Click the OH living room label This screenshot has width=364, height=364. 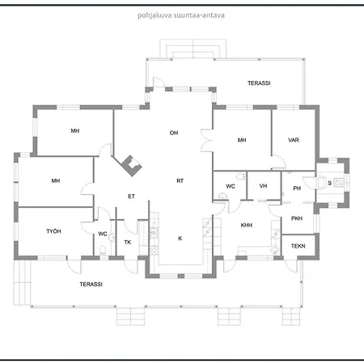174,133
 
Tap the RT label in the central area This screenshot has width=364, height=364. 180,180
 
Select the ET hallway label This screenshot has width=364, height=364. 131,197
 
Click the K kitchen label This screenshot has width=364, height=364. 180,239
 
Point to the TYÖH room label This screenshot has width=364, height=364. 53,231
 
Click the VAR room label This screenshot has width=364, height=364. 294,140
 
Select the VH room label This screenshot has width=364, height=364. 263,186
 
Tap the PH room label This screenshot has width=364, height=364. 297,188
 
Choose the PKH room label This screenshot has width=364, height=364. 297,218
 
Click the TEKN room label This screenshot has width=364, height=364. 298,246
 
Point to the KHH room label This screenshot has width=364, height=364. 247,225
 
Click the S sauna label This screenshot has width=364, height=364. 329,183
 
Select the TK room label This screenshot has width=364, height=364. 128,242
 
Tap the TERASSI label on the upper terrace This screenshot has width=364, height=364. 259,83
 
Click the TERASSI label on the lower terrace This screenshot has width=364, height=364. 91,284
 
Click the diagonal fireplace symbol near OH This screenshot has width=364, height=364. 132,166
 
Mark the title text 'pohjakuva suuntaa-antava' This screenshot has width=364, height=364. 181,15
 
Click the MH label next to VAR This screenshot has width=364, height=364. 242,140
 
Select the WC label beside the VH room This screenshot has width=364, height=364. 231,186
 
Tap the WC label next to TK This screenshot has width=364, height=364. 103,234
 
